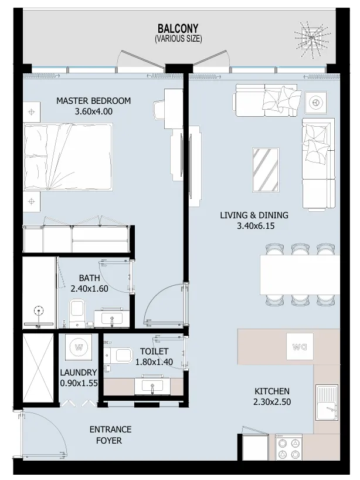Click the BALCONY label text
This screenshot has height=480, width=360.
pyautogui.click(x=178, y=28)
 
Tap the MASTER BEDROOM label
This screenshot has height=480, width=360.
pyautogui.click(x=93, y=101)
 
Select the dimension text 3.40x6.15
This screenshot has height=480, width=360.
pyautogui.click(x=254, y=225)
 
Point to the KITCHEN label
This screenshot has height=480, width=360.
pyautogui.click(x=271, y=391)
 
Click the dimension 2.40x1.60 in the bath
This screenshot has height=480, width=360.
pyautogui.click(x=90, y=289)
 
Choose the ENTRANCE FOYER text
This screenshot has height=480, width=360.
pyautogui.click(x=110, y=435)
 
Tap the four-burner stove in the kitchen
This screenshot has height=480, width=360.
pyautogui.click(x=288, y=449)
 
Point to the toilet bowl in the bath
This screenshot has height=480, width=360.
pyautogui.click(x=77, y=315)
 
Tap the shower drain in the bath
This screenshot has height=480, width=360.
pyautogui.click(x=39, y=311)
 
